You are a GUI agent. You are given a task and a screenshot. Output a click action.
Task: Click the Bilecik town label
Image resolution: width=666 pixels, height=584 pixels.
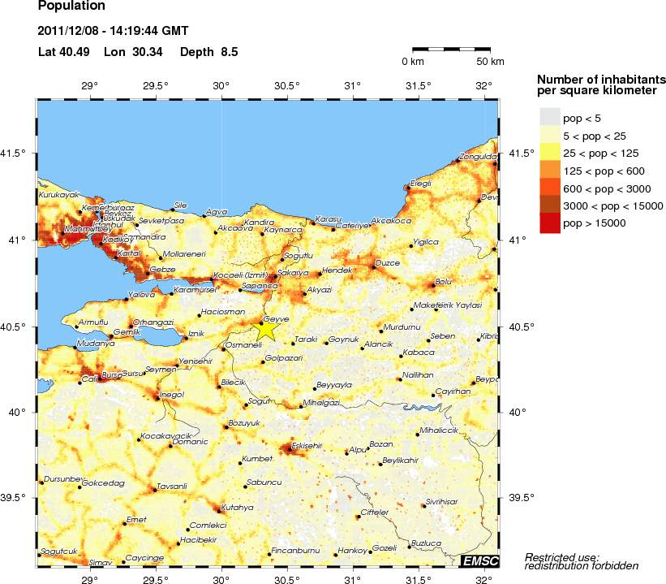(x=233, y=382)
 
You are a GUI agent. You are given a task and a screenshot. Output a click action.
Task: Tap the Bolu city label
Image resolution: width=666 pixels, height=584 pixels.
(x=443, y=281)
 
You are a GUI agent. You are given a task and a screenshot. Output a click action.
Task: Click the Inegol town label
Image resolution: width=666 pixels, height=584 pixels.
(x=172, y=394)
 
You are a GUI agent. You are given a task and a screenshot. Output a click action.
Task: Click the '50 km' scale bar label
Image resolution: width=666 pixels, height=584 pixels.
(x=490, y=62)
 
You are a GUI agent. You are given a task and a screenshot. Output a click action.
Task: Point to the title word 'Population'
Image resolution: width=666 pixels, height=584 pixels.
(x=71, y=6)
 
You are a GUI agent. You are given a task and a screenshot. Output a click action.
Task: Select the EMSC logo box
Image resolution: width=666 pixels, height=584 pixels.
(x=479, y=561)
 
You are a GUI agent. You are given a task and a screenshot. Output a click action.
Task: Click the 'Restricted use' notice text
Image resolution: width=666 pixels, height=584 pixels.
(x=562, y=556)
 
